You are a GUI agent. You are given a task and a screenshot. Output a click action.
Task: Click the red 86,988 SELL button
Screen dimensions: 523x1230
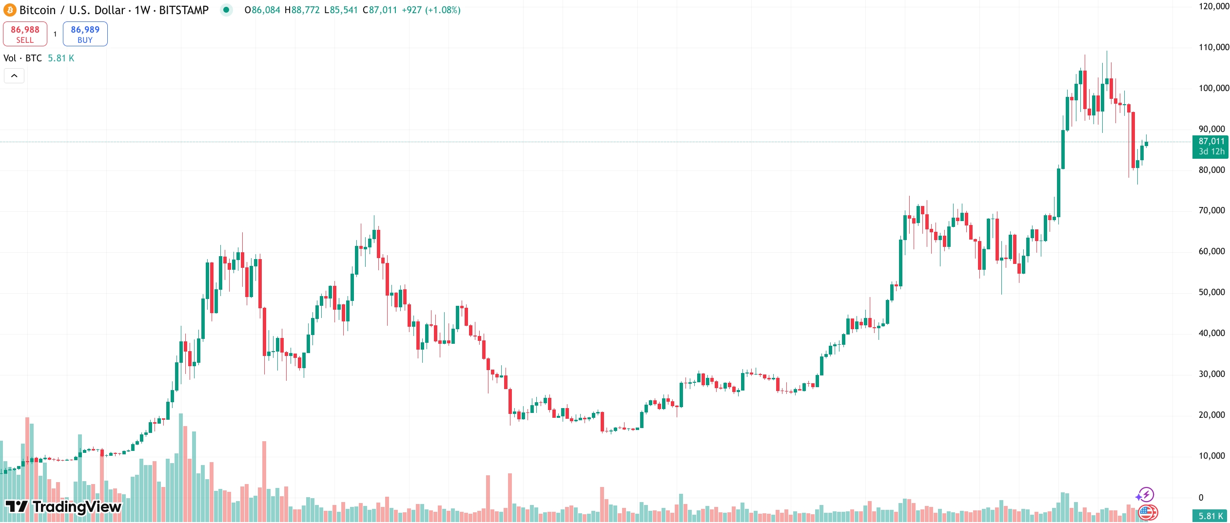point(25,34)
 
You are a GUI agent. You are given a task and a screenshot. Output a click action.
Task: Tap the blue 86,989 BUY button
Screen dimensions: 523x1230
point(85,34)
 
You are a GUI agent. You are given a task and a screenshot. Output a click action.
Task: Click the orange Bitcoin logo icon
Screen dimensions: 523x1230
point(10,10)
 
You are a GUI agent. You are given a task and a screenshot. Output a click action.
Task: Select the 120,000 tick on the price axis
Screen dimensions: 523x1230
point(1213,6)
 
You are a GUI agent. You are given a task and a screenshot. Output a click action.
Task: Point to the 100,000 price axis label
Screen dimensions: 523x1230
point(1213,88)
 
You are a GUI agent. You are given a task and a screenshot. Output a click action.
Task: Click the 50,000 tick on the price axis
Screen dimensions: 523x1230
point(1211,292)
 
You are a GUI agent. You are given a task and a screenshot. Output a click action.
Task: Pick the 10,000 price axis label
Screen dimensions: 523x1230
point(1211,456)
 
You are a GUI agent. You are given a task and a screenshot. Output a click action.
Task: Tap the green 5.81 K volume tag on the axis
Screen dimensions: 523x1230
point(1210,516)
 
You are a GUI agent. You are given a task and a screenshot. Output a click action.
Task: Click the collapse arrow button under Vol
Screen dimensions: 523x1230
point(14,75)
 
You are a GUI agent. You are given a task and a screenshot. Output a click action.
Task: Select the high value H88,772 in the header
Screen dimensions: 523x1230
point(302,10)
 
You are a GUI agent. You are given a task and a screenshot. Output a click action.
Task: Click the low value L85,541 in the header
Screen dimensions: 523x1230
point(344,10)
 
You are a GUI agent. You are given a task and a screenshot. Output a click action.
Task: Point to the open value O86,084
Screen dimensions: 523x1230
point(262,10)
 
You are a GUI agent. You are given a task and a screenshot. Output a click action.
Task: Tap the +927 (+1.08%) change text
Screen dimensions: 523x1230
point(431,10)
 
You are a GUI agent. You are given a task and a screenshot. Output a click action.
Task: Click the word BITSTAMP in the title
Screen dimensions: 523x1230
point(184,10)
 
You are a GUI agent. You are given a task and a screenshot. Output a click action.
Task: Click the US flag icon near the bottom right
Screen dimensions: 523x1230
point(1148,513)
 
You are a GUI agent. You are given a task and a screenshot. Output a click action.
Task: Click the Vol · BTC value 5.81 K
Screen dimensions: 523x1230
point(61,58)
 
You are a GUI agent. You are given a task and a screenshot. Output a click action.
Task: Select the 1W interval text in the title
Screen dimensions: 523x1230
point(142,10)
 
